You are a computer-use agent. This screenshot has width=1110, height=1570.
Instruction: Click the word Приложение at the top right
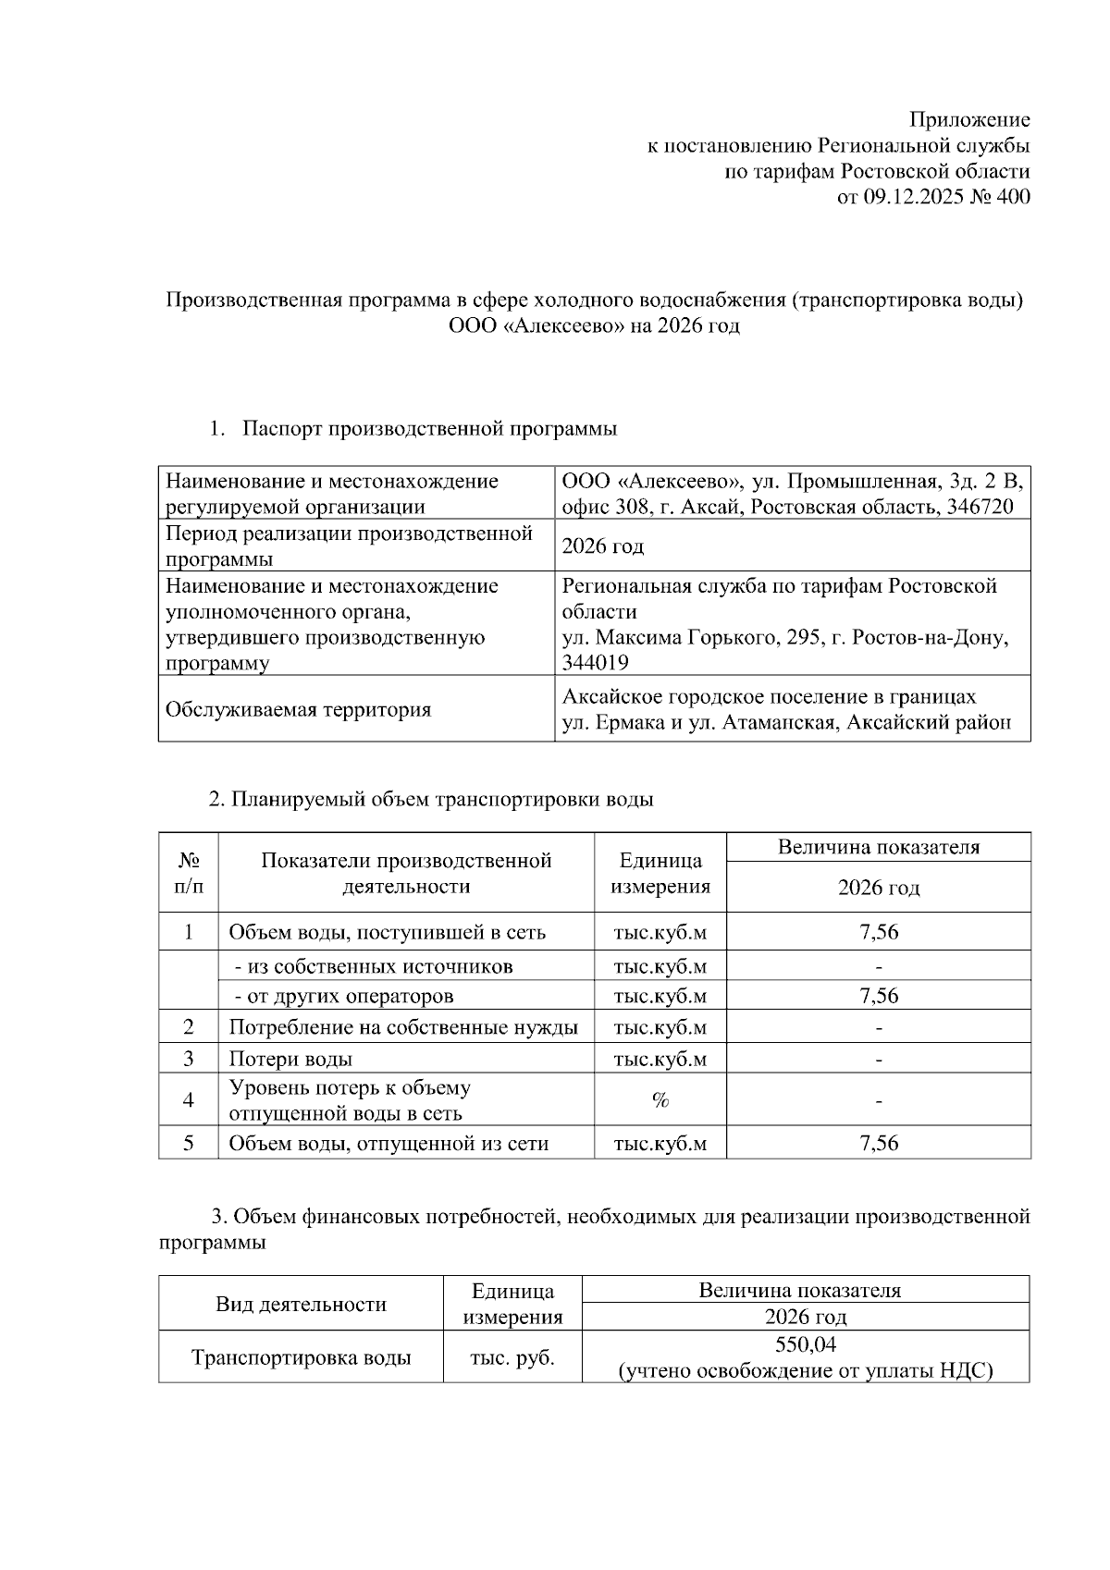(969, 119)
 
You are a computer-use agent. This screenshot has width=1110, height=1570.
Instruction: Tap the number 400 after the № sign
(1013, 197)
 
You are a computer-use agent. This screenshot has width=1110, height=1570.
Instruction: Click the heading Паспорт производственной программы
(429, 429)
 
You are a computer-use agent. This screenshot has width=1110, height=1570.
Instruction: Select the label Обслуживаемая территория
(298, 710)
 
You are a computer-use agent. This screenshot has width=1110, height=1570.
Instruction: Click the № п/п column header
(189, 873)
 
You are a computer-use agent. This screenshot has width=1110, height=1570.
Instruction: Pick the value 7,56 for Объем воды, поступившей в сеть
(878, 932)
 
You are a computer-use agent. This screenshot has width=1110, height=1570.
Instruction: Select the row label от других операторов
(344, 996)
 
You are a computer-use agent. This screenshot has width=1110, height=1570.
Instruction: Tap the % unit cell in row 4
(660, 1100)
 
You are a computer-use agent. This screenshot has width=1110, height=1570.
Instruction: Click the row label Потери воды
(290, 1059)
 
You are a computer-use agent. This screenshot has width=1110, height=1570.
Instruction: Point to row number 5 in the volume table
(189, 1143)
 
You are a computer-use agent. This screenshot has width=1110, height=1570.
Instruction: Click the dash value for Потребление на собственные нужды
(878, 1027)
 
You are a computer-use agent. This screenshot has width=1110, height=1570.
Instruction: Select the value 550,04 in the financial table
(805, 1344)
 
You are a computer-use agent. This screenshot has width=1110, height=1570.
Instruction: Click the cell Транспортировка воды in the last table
(301, 1357)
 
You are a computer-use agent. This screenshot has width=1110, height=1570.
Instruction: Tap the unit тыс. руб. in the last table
(512, 1357)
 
